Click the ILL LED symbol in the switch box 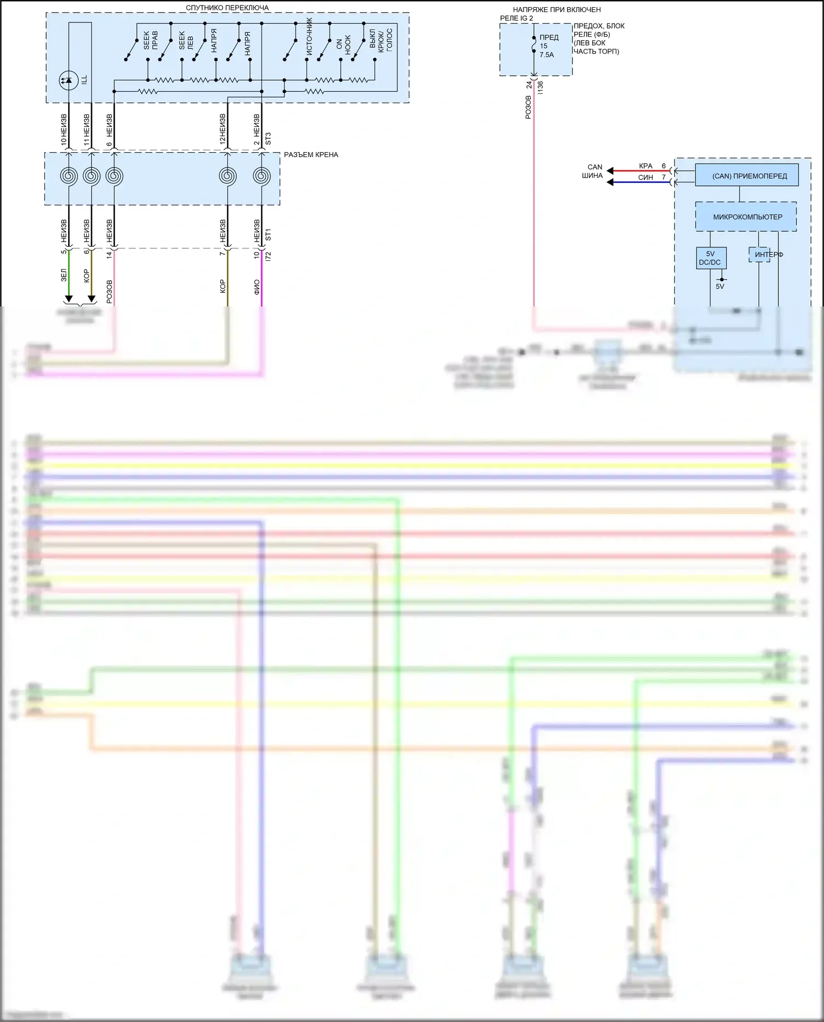click(x=69, y=80)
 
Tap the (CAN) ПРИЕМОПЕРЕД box click(x=747, y=176)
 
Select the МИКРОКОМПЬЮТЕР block click(x=746, y=217)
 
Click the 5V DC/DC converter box click(x=711, y=258)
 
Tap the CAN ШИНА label click(x=593, y=171)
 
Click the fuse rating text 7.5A click(x=547, y=55)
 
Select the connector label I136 click(x=541, y=87)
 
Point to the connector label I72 click(x=268, y=256)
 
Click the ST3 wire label click(x=268, y=138)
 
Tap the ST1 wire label click(x=268, y=235)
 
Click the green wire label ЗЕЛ click(x=64, y=275)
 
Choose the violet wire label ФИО click(x=257, y=287)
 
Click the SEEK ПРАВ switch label click(x=150, y=40)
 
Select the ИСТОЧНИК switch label click(x=309, y=36)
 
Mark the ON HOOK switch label click(x=343, y=44)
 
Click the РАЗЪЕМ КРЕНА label click(x=311, y=155)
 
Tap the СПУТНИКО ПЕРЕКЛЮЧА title click(x=227, y=8)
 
